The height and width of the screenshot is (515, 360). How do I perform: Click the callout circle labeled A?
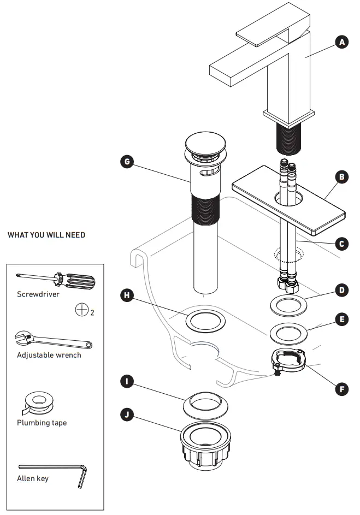tap(342, 42)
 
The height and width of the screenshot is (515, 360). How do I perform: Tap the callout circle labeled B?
tap(342, 177)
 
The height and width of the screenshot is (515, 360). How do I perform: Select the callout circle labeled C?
tap(342, 244)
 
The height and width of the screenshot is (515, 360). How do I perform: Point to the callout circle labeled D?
tap(342, 289)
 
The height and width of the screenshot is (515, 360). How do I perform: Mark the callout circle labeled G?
tap(126, 162)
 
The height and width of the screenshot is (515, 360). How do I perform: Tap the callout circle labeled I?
tap(126, 381)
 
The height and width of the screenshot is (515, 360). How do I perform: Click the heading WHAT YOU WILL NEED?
tap(46, 235)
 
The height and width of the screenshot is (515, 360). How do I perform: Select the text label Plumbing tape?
tap(42, 423)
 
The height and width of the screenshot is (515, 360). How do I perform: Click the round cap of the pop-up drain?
tap(200, 143)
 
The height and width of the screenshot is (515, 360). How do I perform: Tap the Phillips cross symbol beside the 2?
tap(82, 310)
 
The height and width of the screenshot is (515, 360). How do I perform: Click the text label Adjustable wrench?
tap(49, 355)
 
